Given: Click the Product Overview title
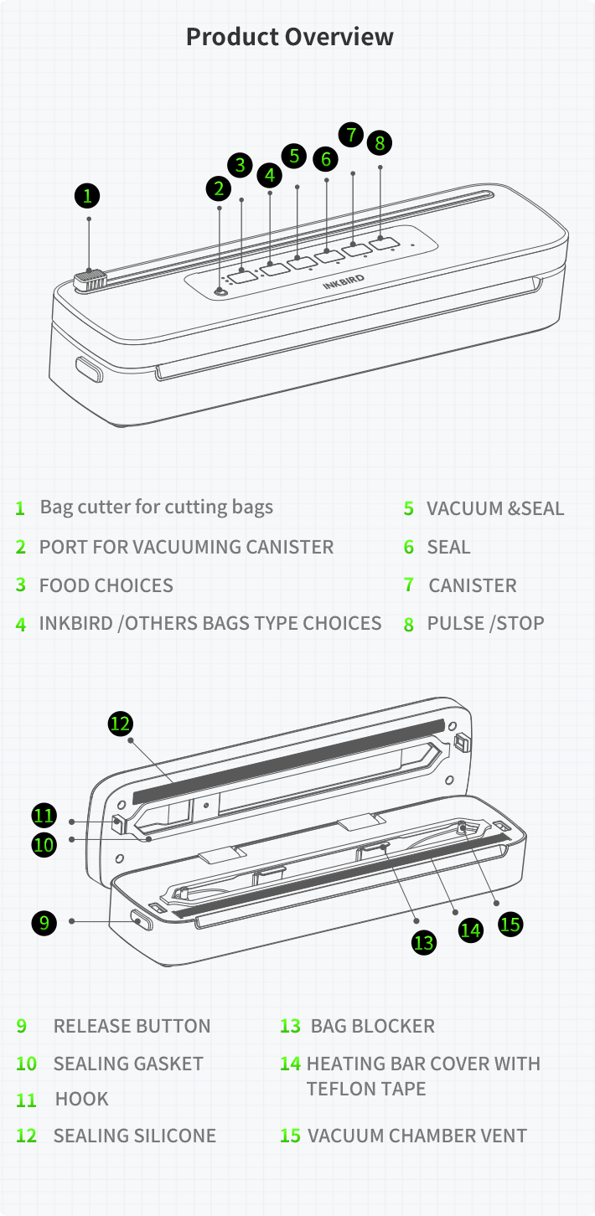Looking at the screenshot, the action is [290, 37].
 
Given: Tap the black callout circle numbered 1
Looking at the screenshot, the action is [87, 196].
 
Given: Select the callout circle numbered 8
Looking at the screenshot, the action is [380, 142].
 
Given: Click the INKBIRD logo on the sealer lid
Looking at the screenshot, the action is [344, 281].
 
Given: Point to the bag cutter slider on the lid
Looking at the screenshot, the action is [90, 281].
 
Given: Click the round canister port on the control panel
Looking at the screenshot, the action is [220, 292].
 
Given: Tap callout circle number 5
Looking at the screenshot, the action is [294, 156].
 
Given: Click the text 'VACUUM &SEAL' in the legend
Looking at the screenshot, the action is [495, 508].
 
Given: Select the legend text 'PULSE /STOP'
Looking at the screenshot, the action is [485, 623].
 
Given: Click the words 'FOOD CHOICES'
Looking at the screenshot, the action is [106, 585].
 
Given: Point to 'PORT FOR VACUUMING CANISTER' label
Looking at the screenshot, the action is [186, 547].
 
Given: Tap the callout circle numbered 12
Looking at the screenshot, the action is [120, 724].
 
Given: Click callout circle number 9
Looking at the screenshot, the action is [44, 923].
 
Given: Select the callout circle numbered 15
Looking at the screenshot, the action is [510, 924].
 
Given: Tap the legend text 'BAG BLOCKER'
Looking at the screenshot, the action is [373, 1026].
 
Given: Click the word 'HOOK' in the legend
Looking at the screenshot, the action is [81, 1099].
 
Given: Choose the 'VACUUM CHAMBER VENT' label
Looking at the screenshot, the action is [417, 1136].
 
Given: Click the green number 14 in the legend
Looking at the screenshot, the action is [290, 1064].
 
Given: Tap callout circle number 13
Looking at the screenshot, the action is [423, 942].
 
